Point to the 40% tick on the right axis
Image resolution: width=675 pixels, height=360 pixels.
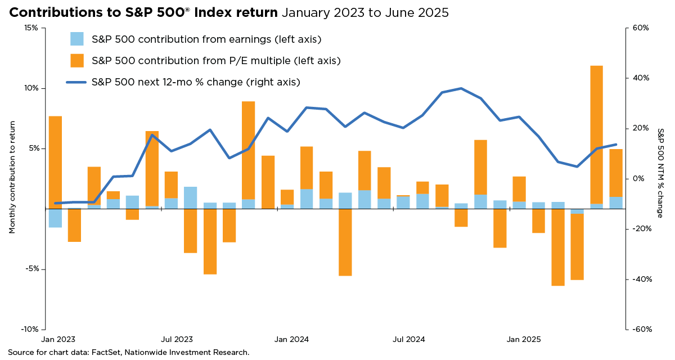click(x=640, y=78)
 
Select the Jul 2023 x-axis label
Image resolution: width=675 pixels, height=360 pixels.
click(x=177, y=340)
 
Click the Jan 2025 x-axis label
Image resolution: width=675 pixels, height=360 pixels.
click(x=524, y=340)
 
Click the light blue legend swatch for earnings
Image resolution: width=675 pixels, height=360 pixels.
click(x=77, y=39)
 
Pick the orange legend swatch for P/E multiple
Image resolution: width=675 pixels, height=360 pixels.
click(x=77, y=60)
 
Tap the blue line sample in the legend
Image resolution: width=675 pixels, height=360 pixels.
click(x=76, y=82)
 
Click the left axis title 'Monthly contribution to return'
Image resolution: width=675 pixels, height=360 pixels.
click(x=12, y=178)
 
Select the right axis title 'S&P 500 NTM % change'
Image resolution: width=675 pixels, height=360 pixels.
click(x=660, y=173)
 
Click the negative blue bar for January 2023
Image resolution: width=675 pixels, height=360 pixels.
click(x=55, y=218)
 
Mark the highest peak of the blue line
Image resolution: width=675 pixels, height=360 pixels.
click(x=461, y=88)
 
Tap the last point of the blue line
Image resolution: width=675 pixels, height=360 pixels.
click(x=615, y=145)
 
